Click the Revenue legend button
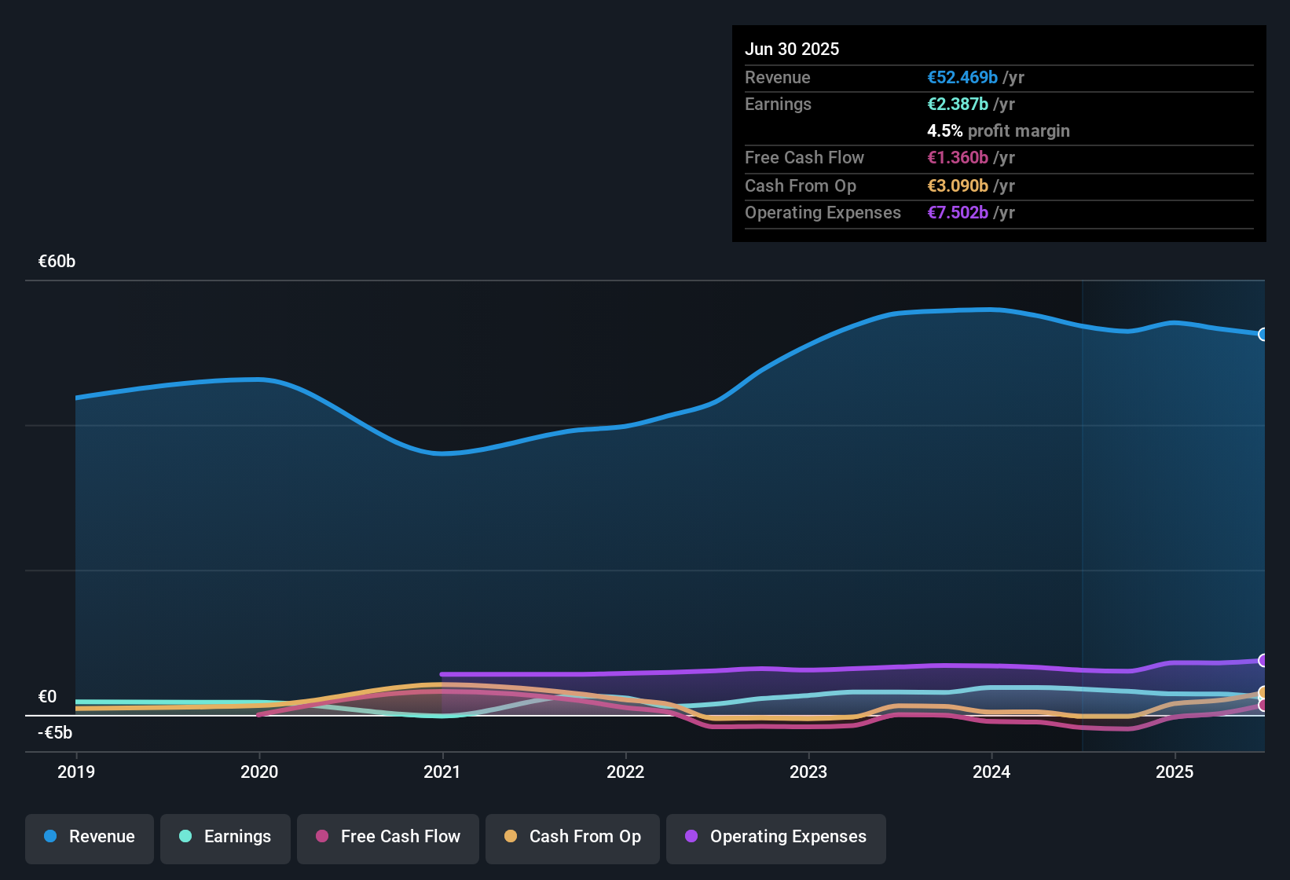(x=90, y=837)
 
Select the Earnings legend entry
(x=225, y=837)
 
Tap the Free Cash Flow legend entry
(x=388, y=837)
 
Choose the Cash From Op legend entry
(x=573, y=837)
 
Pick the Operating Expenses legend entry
(x=776, y=837)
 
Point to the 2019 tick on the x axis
(x=76, y=772)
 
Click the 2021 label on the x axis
(x=442, y=772)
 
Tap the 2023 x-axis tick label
(x=808, y=772)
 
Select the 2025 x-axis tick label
(x=1175, y=772)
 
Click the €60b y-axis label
(x=57, y=262)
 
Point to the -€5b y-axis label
(x=55, y=733)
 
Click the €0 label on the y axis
(x=47, y=697)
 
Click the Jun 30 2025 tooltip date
(x=792, y=49)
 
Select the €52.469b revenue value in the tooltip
(x=962, y=77)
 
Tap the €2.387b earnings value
(x=958, y=104)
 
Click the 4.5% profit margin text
(x=999, y=130)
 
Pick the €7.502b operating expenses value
(x=958, y=212)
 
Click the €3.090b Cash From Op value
(x=958, y=185)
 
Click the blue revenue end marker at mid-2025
(x=1263, y=335)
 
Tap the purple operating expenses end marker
(x=1263, y=661)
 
